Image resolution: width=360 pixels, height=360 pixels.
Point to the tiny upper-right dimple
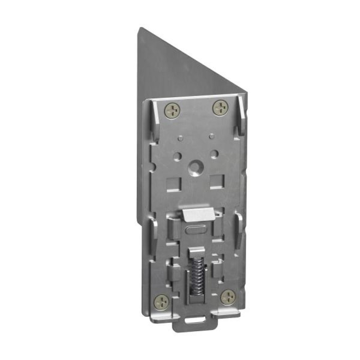[x=212, y=136]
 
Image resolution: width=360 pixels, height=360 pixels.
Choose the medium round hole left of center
[x=177, y=156]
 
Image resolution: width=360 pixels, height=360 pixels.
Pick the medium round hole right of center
[x=215, y=154]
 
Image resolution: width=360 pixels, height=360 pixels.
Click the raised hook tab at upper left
[x=156, y=119]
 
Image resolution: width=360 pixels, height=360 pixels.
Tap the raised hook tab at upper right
[x=241, y=115]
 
